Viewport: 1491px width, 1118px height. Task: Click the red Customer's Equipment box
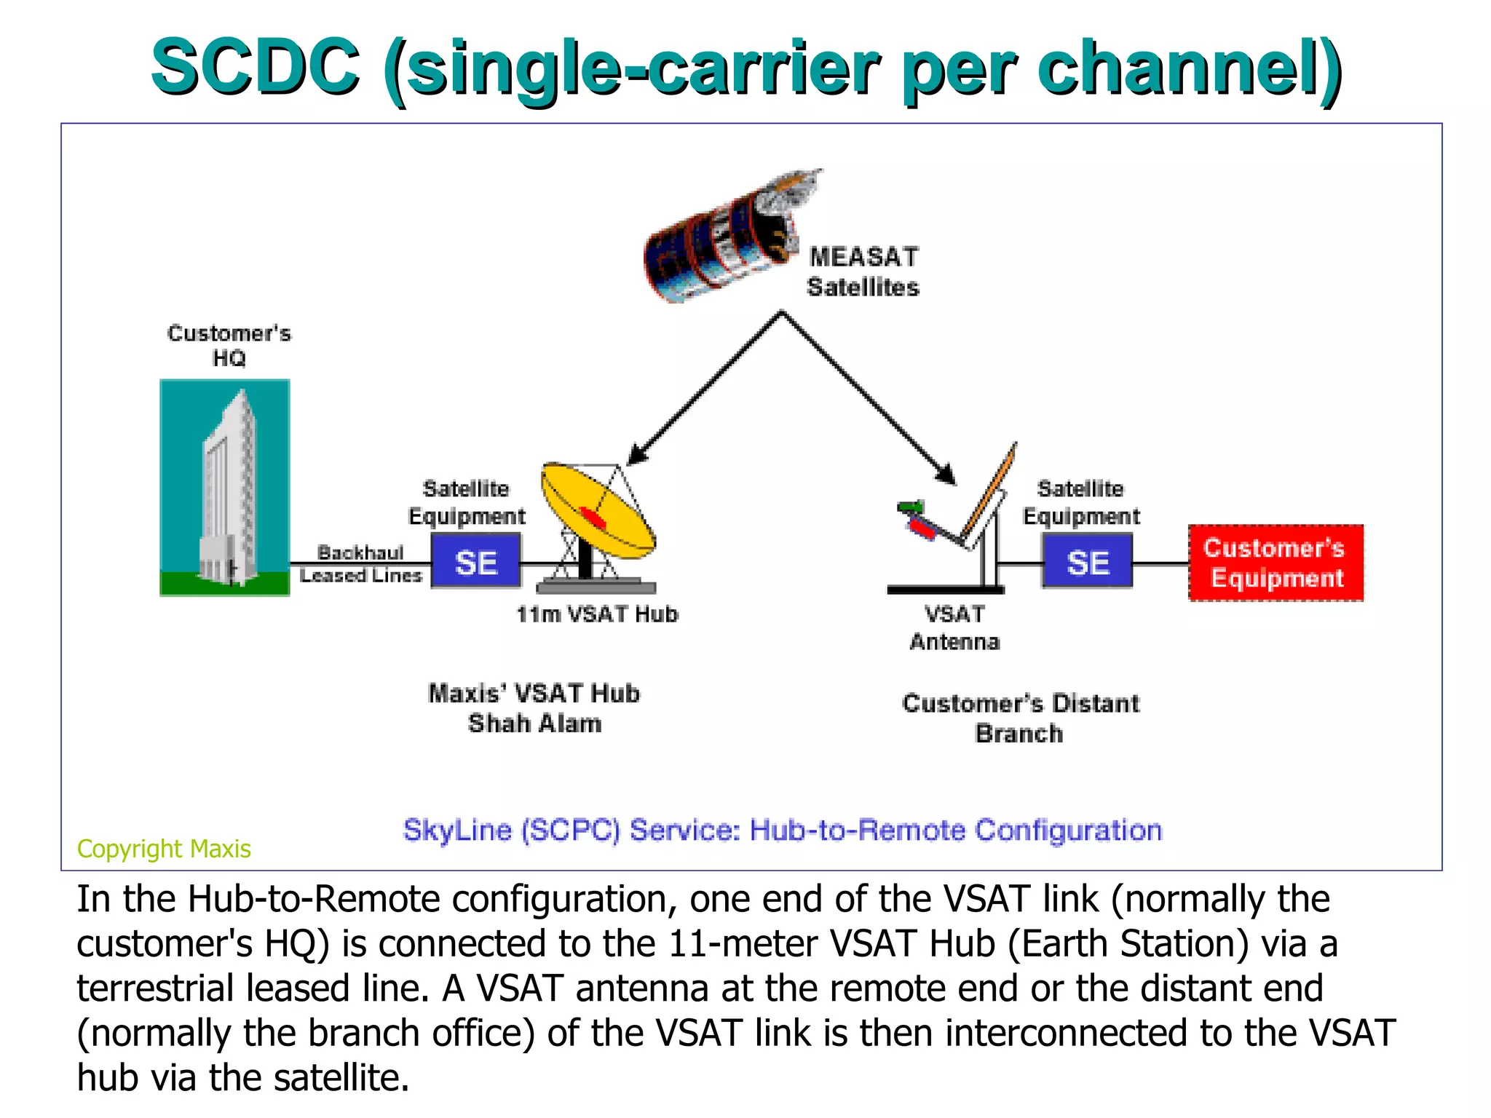pyautogui.click(x=1276, y=563)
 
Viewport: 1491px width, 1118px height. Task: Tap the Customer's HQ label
pyautogui.click(x=229, y=346)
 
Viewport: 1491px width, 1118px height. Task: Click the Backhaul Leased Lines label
pyautogui.click(x=361, y=564)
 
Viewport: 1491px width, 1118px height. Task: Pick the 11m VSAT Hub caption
pyautogui.click(x=597, y=614)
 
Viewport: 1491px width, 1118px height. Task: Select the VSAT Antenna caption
pyautogui.click(x=954, y=628)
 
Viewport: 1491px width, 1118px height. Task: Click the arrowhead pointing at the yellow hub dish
pyautogui.click(x=636, y=455)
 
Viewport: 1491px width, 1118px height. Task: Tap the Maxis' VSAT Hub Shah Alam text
pyautogui.click(x=534, y=708)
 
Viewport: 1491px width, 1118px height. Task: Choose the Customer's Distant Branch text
pyautogui.click(x=1020, y=718)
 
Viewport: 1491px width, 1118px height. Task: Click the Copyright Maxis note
pyautogui.click(x=164, y=849)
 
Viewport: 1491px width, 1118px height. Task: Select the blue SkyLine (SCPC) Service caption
pyautogui.click(x=783, y=830)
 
